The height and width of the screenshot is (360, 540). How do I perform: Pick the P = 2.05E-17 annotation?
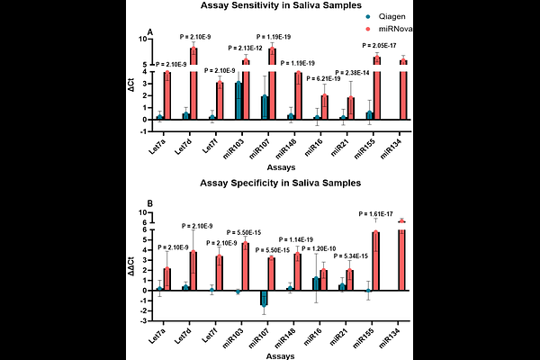click(384, 45)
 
